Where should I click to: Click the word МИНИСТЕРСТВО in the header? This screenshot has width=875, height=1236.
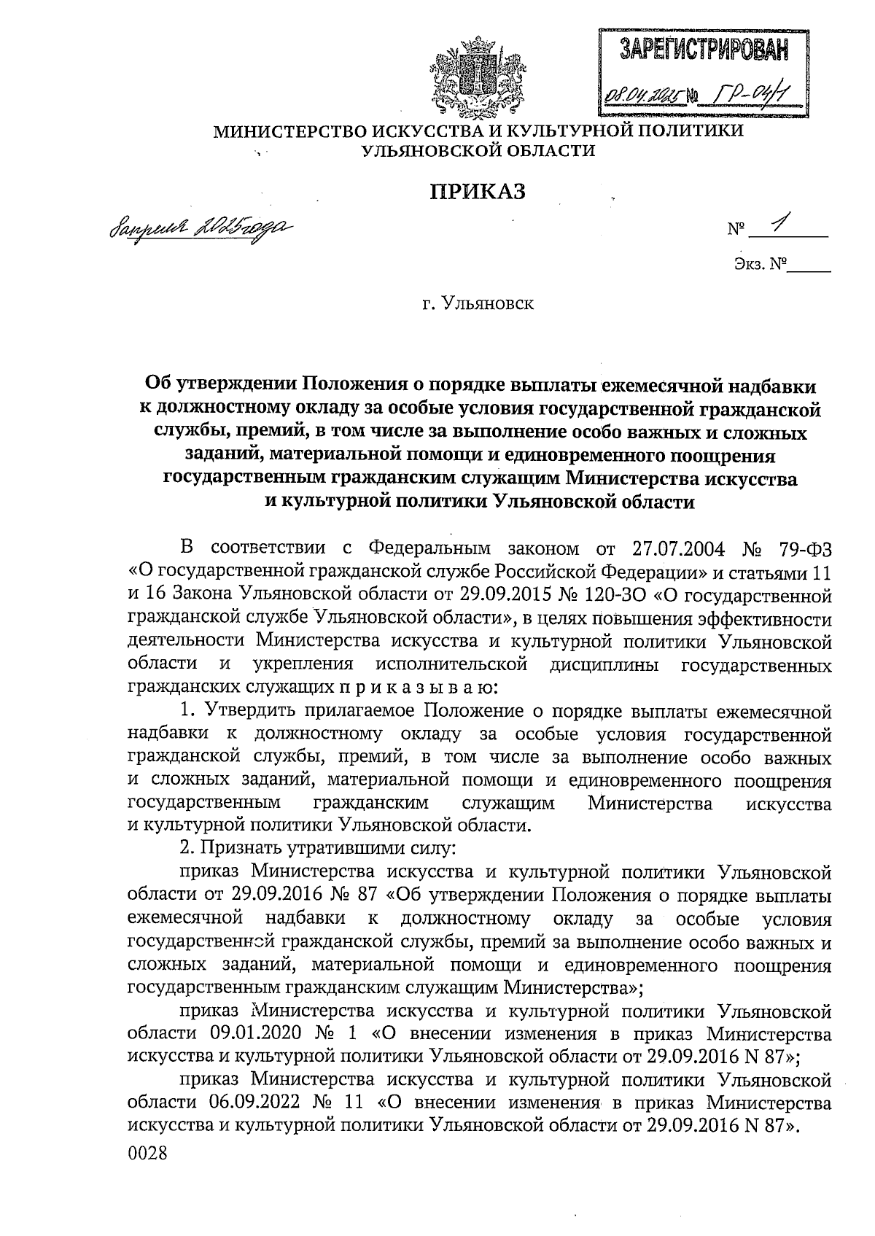(289, 131)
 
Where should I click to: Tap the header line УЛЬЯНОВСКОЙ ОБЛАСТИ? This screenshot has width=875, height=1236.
(479, 151)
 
